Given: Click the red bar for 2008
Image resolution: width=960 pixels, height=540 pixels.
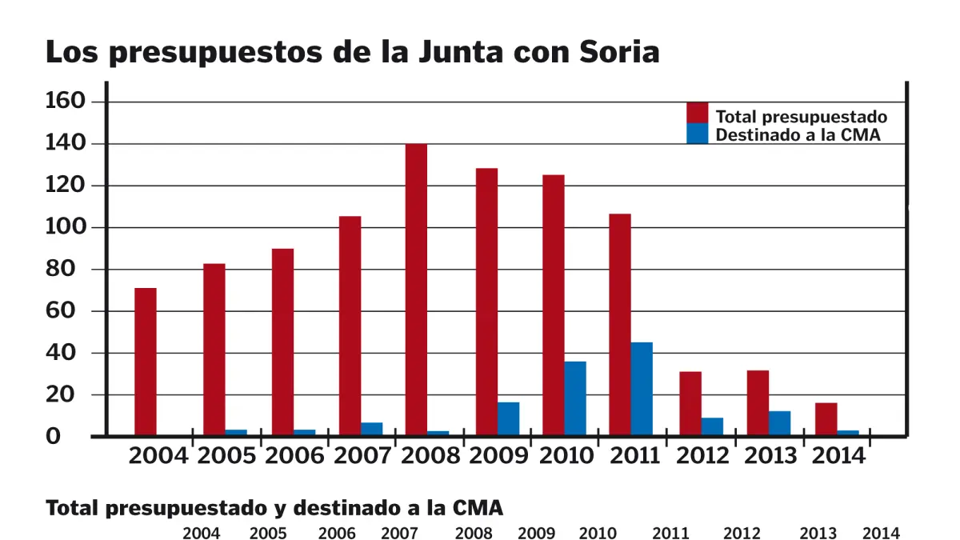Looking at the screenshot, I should click(416, 290).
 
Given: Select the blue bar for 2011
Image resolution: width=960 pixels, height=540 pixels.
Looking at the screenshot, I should click(642, 389).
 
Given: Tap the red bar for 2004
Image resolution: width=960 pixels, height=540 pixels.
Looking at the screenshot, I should click(146, 362).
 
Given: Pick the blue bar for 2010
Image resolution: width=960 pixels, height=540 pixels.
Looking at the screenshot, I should click(575, 398).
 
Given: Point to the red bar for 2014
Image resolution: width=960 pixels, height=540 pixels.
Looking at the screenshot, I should click(826, 419).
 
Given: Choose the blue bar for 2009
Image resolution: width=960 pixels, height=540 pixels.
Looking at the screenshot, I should click(508, 418).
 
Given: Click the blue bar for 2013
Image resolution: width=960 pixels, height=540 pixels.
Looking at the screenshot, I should click(780, 423).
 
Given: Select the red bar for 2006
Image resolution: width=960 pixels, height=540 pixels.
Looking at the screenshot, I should click(282, 342).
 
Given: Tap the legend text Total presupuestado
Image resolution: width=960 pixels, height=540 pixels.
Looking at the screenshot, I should click(801, 117).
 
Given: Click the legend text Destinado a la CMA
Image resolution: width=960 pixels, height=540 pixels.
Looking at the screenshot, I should click(798, 135).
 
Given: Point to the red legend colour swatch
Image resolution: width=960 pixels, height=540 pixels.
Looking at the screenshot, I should click(698, 113).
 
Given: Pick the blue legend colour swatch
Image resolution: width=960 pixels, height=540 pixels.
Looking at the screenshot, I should click(698, 134).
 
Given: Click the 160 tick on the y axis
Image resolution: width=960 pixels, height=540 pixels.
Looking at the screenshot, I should click(66, 102).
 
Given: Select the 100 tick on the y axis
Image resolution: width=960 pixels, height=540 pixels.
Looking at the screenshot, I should click(66, 227).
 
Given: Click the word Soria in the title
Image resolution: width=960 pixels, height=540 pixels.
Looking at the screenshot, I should click(617, 52).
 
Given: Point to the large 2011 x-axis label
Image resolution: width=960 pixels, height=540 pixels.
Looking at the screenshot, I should click(635, 456).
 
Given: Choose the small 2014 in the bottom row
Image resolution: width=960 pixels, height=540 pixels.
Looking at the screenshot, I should click(882, 534).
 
